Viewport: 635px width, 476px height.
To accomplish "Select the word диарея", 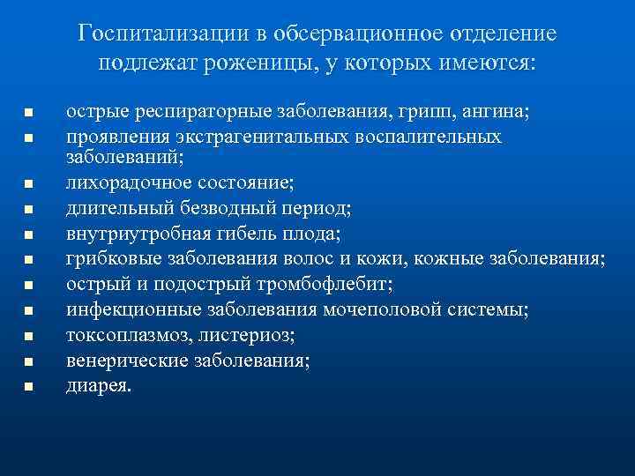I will pyautogui.click(x=99, y=384).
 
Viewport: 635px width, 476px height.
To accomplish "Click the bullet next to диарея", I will pyautogui.click(x=28, y=386).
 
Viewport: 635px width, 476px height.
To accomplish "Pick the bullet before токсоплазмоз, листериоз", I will pyautogui.click(x=28, y=336).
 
